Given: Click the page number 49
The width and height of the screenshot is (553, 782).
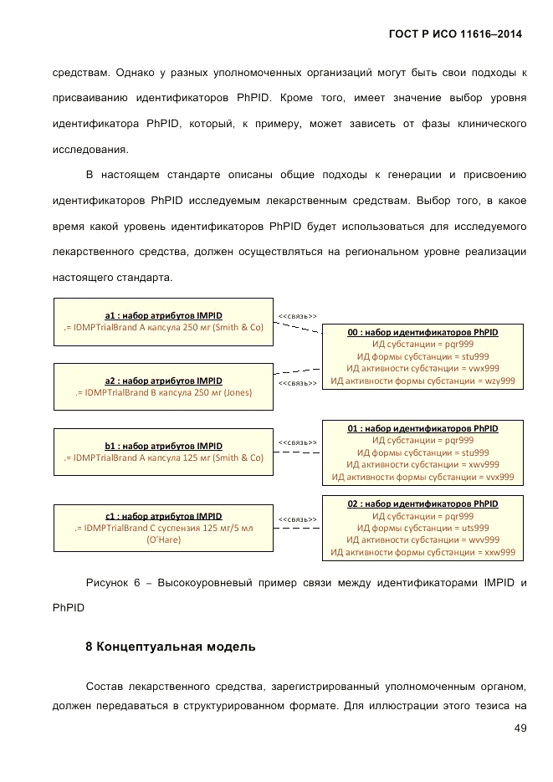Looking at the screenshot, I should click(520, 728).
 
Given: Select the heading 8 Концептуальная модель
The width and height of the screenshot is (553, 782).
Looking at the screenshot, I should click(171, 647).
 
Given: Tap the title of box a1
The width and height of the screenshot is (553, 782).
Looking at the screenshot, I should click(163, 315).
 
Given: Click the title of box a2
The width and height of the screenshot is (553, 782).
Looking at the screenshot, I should click(163, 380).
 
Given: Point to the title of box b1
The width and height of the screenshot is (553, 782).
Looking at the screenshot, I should click(163, 446).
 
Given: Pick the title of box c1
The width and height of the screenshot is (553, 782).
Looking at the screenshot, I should click(163, 516).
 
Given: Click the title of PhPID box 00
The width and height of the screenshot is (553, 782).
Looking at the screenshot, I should click(422, 332).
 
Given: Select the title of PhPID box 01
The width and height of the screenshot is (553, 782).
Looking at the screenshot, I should click(422, 428).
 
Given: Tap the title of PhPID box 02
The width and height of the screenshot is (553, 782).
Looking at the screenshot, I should click(422, 504).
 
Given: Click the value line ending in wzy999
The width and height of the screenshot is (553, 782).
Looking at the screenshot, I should click(422, 381).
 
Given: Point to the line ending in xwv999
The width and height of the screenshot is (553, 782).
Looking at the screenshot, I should click(422, 464).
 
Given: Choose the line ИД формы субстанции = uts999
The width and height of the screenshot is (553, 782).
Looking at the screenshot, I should click(422, 528).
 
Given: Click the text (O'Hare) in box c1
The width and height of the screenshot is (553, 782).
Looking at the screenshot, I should click(163, 540).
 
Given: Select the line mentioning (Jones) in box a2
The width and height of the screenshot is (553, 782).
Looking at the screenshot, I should click(163, 391).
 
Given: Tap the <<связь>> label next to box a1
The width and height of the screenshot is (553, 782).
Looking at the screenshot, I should click(297, 316).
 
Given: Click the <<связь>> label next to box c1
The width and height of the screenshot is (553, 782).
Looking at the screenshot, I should click(297, 519).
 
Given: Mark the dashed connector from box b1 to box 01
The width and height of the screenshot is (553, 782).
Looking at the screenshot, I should click(298, 452).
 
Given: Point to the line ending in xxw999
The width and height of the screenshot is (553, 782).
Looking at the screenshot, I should click(422, 552).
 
